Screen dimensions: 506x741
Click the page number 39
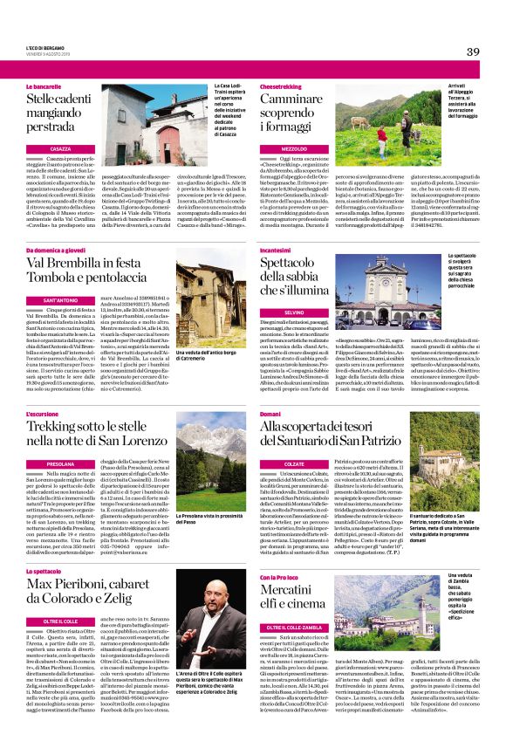[x=473, y=51]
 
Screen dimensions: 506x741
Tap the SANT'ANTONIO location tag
[x=60, y=300]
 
